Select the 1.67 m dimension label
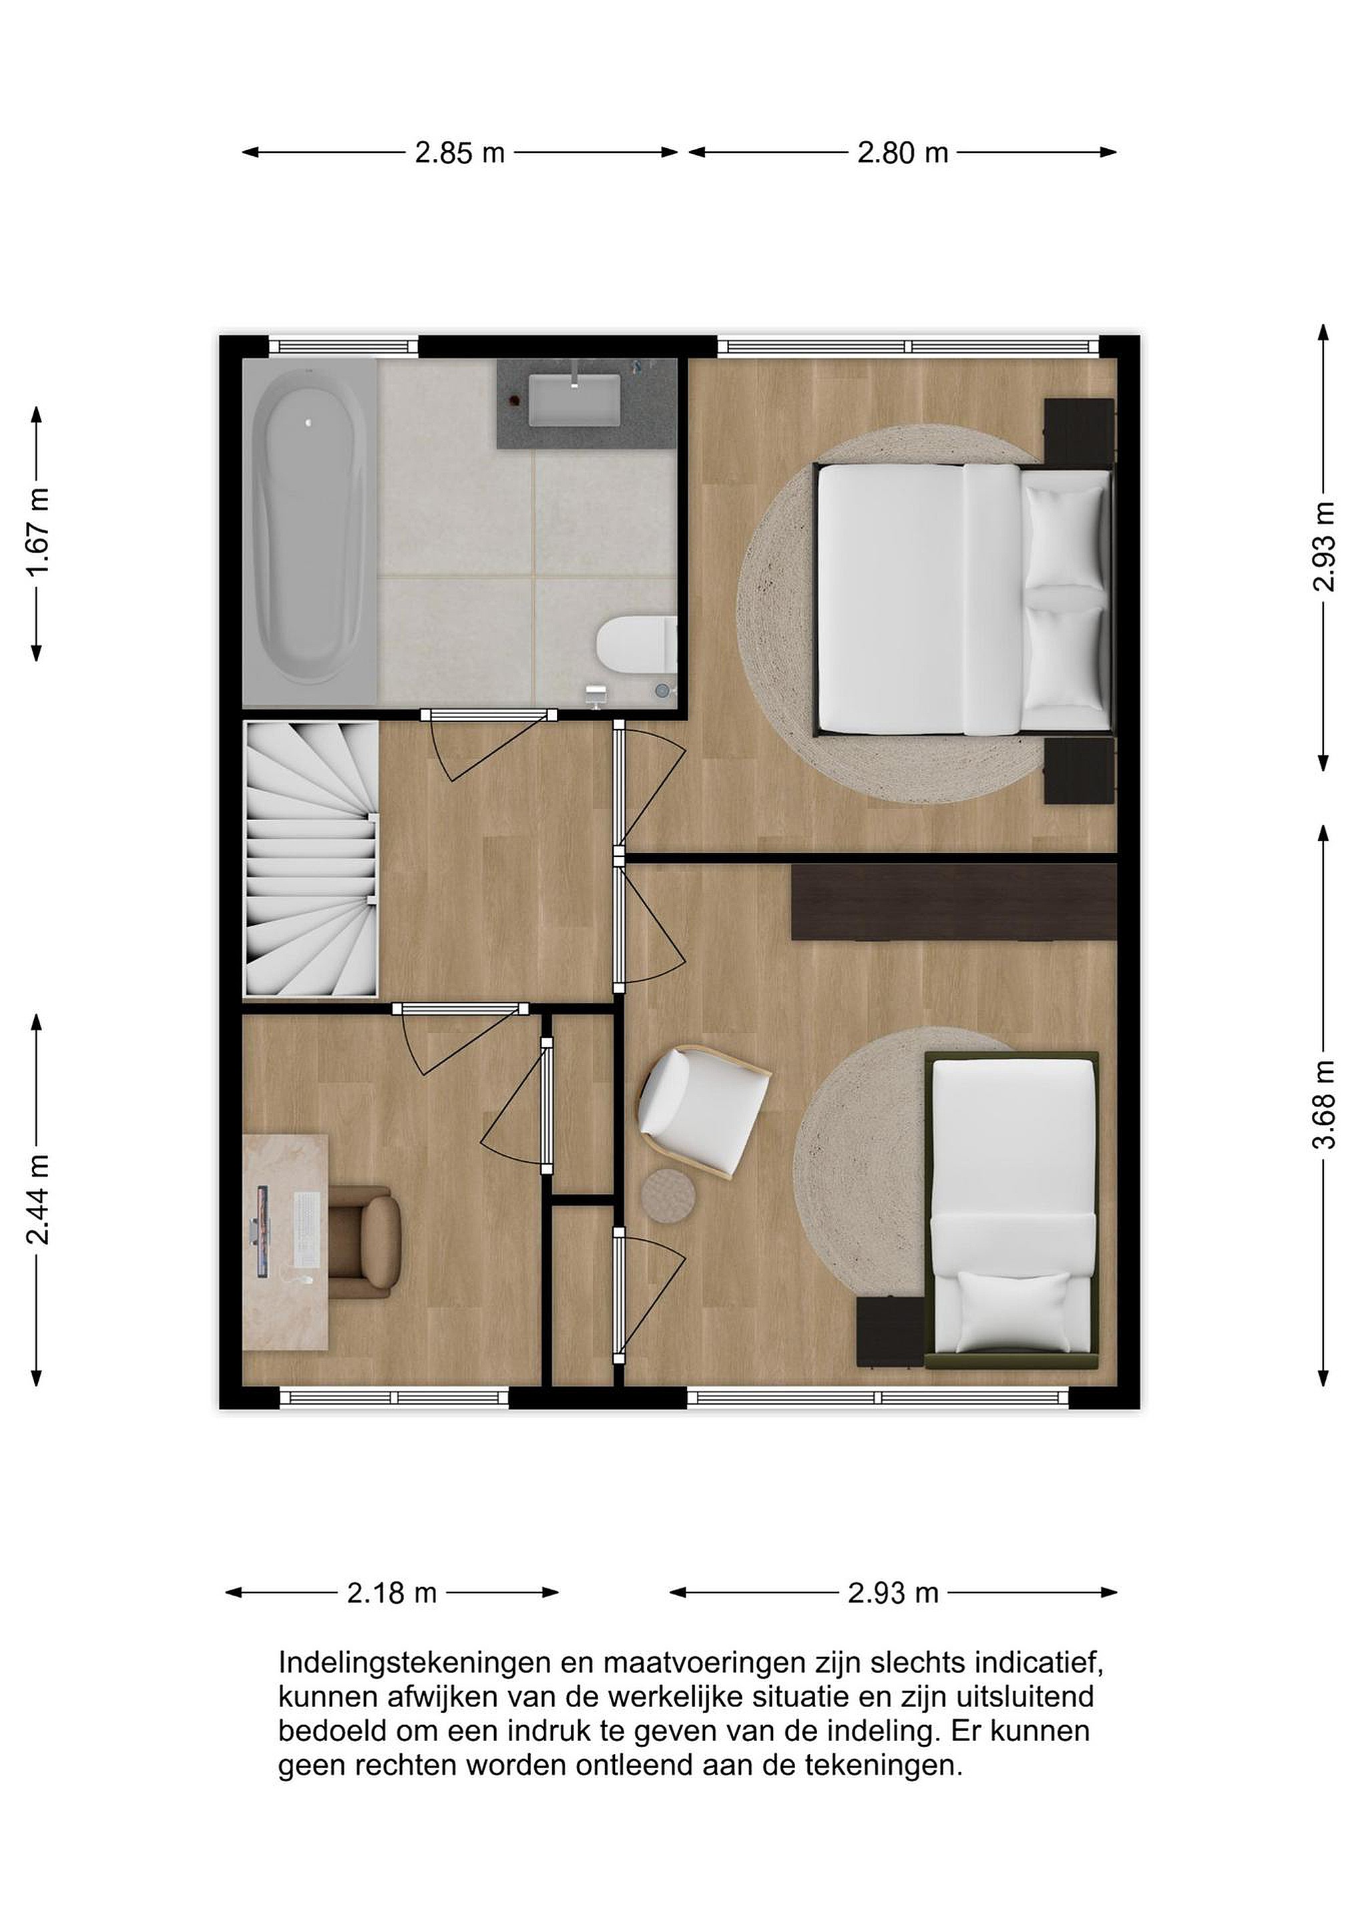[37, 533]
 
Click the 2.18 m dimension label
[392, 1592]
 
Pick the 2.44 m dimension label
[37, 1199]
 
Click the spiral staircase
[310, 860]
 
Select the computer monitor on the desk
[260, 1231]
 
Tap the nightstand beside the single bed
[889, 1333]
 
